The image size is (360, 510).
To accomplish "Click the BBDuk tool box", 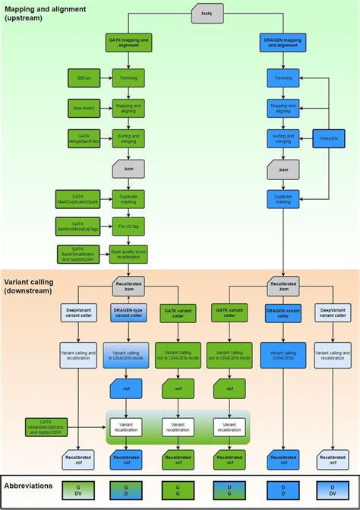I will click(x=84, y=76).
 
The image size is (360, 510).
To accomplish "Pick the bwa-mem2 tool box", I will click(x=84, y=107).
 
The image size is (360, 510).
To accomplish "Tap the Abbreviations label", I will click(x=29, y=486).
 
